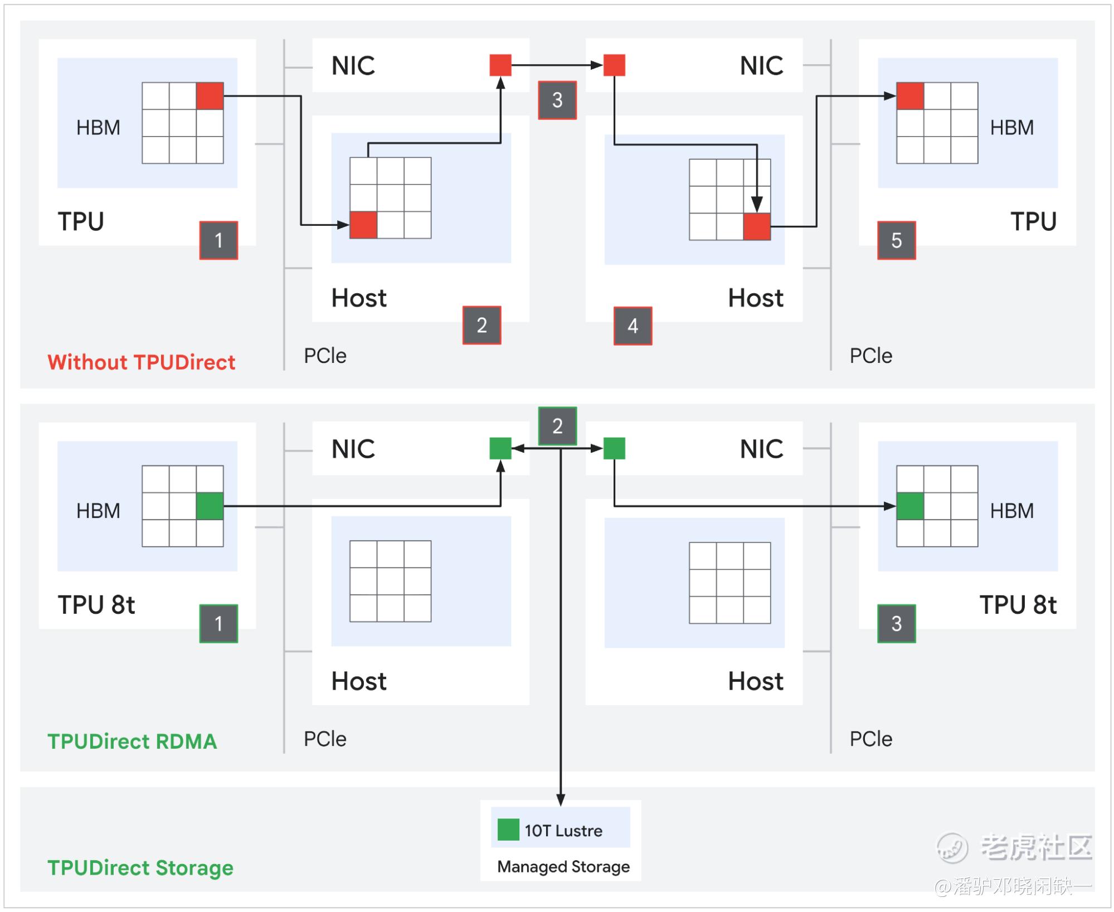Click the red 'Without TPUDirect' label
(141, 362)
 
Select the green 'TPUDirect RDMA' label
(132, 741)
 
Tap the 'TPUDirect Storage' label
(140, 868)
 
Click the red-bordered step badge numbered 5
(896, 240)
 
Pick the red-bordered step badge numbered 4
(633, 326)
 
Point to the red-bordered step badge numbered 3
(557, 100)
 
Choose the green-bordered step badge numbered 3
(896, 623)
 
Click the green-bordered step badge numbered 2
(557, 426)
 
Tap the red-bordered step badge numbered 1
(218, 240)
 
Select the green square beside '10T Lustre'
(508, 829)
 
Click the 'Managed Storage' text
(563, 867)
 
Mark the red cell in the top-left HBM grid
(210, 96)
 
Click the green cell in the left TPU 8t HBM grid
(210, 506)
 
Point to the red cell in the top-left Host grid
(363, 225)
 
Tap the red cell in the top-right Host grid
(757, 226)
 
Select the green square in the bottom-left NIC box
(500, 448)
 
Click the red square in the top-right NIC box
(615, 65)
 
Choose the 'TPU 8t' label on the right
(1018, 605)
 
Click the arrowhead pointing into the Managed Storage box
(561, 801)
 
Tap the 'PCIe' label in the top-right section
(870, 356)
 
